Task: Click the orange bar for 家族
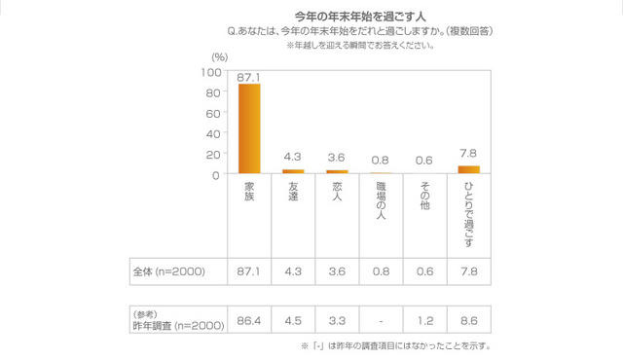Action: pyautogui.click(x=249, y=128)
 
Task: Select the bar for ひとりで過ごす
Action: pyautogui.click(x=468, y=170)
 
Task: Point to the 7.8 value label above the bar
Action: pyautogui.click(x=468, y=153)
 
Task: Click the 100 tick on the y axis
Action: pyautogui.click(x=210, y=73)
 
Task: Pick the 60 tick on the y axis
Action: pyautogui.click(x=213, y=114)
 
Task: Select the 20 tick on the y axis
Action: pyautogui.click(x=213, y=155)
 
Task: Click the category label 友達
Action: pyautogui.click(x=293, y=194)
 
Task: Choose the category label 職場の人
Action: pyautogui.click(x=381, y=200)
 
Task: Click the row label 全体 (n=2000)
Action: pyautogui.click(x=167, y=270)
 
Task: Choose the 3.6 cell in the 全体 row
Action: pyautogui.click(x=337, y=270)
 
